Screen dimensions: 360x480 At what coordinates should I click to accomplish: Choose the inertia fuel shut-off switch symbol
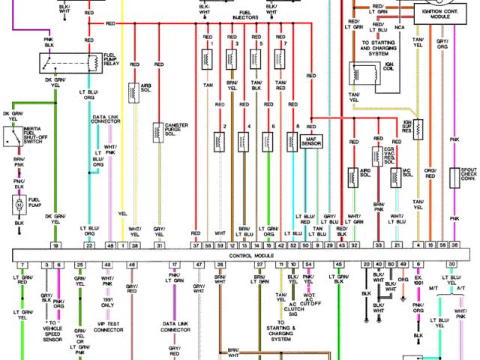[13, 137]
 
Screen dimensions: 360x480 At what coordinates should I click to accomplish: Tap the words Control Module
[253, 255]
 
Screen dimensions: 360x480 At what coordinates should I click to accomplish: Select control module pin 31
[159, 245]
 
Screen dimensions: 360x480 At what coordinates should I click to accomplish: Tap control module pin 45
[338, 265]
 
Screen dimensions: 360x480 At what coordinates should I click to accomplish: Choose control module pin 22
[90, 245]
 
